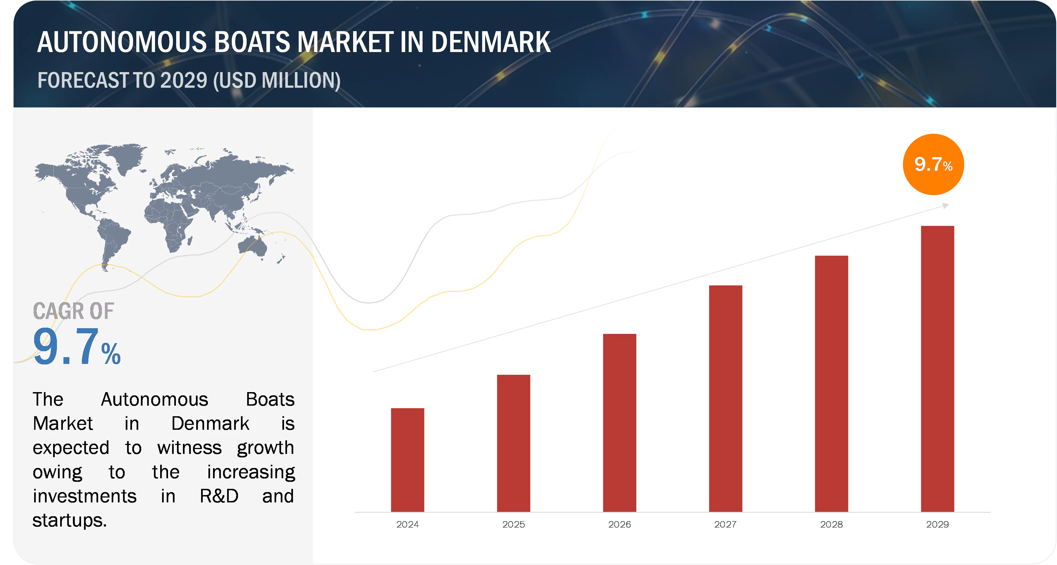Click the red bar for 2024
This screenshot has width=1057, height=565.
[407, 460]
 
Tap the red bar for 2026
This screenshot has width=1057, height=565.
[620, 423]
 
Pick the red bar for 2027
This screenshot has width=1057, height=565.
[726, 398]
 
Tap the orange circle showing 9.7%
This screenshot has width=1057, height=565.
[933, 164]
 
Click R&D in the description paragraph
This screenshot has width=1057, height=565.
[219, 496]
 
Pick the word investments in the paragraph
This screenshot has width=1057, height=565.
[85, 496]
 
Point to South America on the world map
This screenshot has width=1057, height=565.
[113, 240]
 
